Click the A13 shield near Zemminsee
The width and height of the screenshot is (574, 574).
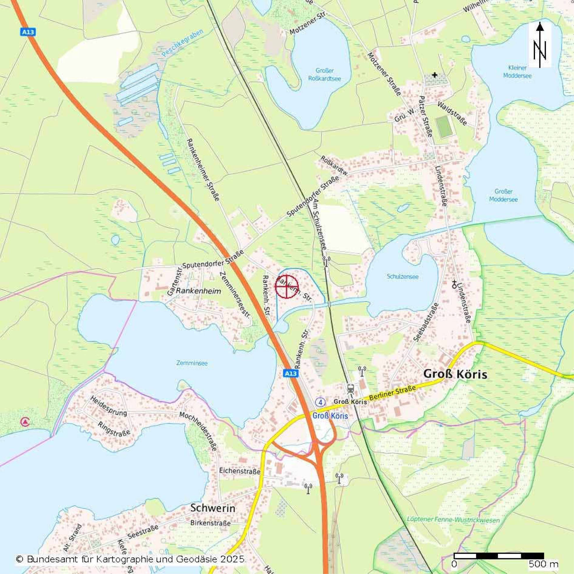point(290,373)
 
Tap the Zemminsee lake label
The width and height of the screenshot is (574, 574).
point(192,363)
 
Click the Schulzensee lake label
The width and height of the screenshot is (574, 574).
point(403,277)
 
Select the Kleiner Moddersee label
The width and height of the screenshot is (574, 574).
point(517,72)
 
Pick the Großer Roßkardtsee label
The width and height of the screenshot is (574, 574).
point(325,75)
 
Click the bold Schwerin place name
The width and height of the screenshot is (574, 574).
point(213,508)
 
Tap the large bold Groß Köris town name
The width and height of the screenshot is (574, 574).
point(455,374)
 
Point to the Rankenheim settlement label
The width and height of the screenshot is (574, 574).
point(199,291)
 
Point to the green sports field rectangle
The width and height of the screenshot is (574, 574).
point(445,127)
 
